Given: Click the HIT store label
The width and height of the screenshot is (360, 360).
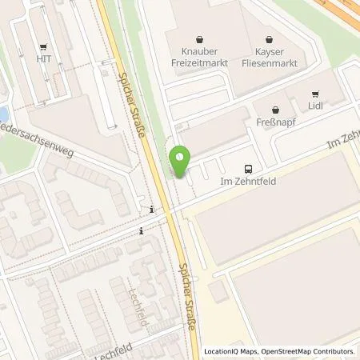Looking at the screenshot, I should [43, 58].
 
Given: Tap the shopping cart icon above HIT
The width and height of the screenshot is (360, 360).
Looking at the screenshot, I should [43, 46].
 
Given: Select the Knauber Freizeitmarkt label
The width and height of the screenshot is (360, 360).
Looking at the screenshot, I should [200, 54].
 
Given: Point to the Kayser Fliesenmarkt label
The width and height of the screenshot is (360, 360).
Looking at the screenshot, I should [270, 54].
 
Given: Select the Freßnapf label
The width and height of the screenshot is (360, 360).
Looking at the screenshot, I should [276, 124].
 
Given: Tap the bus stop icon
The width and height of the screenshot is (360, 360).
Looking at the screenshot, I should [248, 169].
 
